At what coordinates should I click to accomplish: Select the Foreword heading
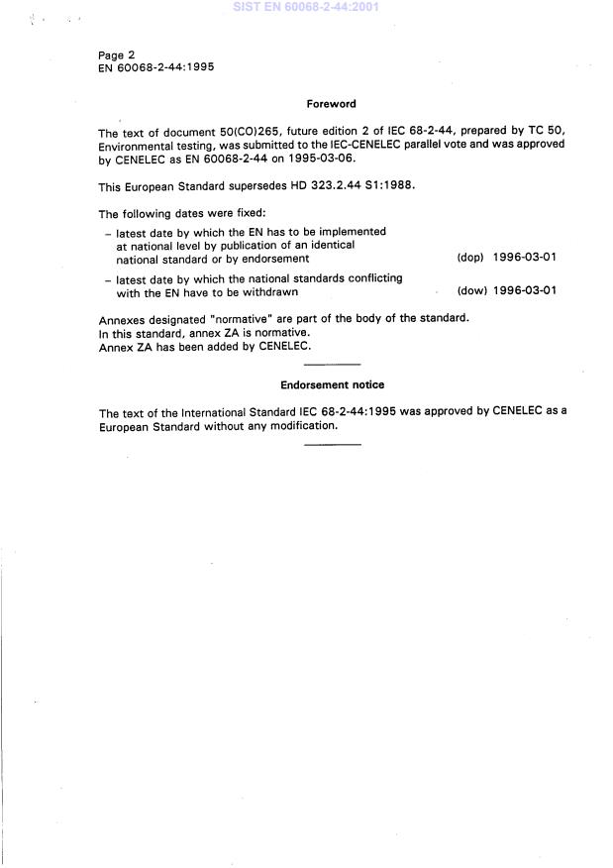[331, 104]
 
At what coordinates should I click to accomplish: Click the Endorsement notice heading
[332, 385]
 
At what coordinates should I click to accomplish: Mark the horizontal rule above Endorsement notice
[332, 366]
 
